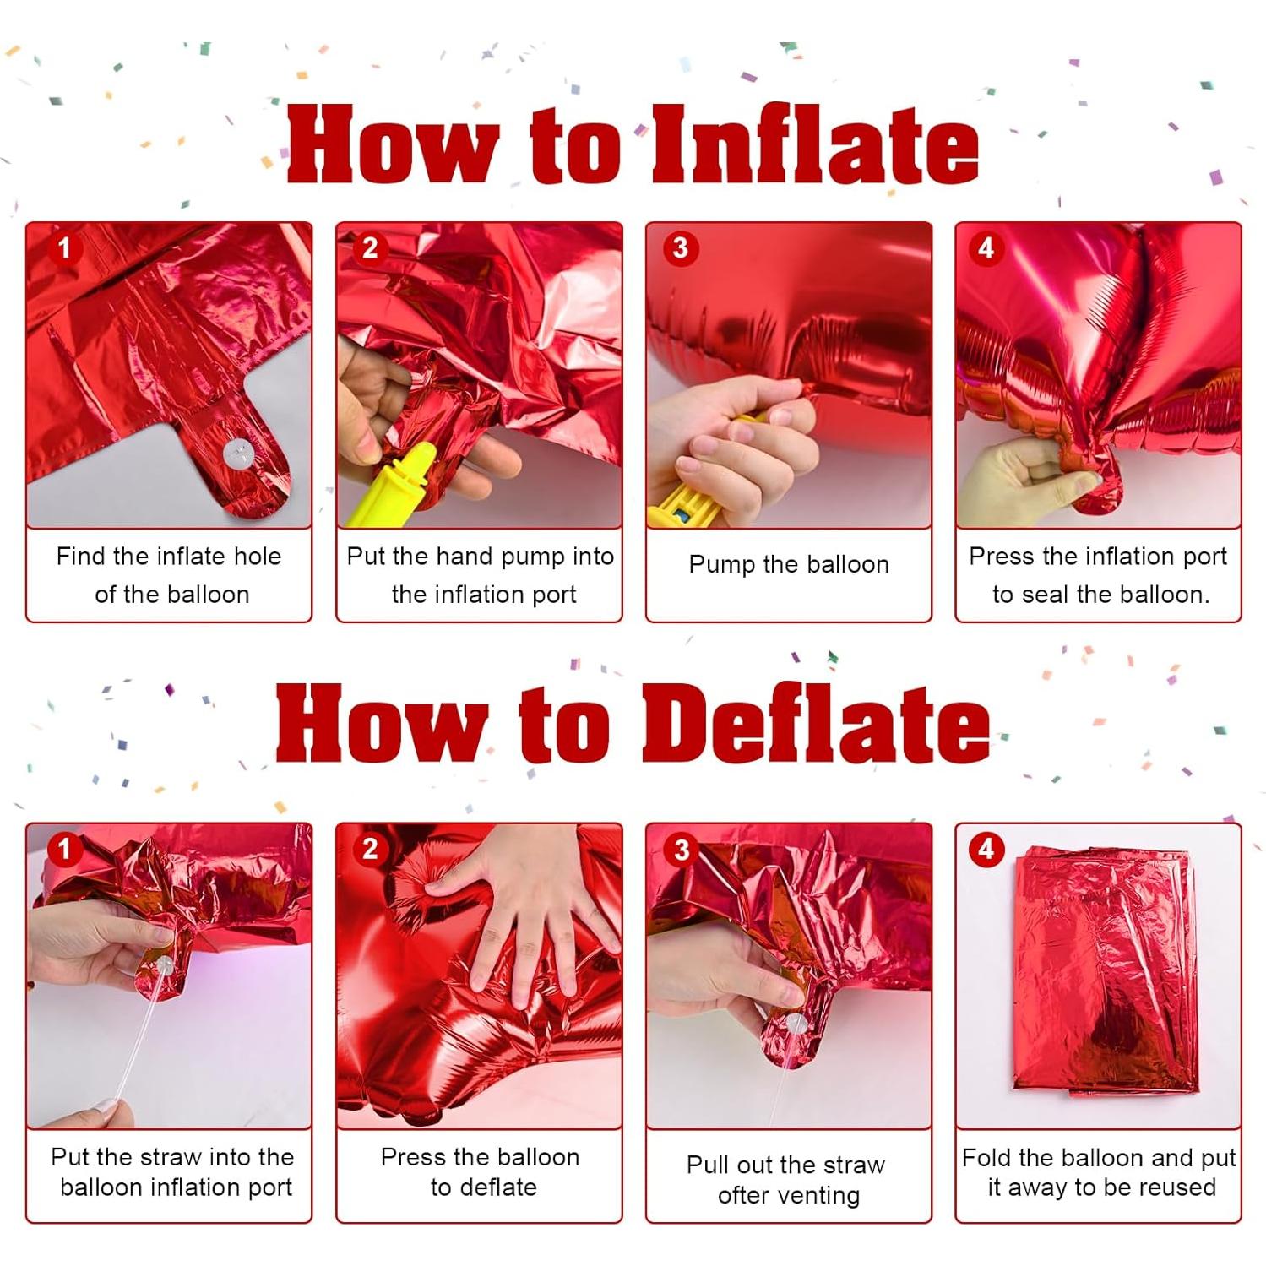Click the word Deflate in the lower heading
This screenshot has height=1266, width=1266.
(816, 725)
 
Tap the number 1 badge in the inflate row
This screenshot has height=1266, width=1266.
(64, 248)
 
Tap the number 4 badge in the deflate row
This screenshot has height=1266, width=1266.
(986, 848)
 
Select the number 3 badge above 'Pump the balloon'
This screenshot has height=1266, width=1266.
(681, 248)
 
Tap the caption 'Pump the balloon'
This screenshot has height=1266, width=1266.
(789, 564)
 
